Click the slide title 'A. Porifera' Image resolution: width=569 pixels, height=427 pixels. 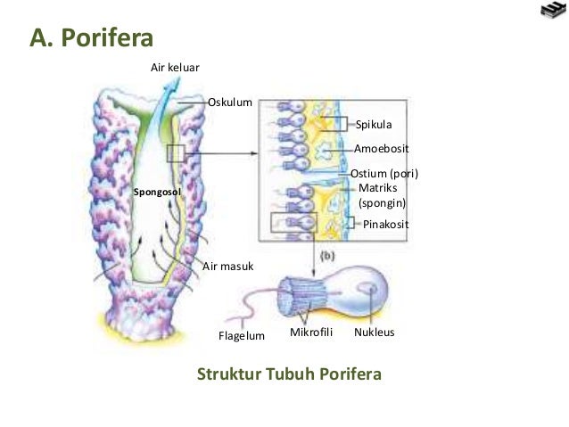pyautogui.click(x=93, y=38)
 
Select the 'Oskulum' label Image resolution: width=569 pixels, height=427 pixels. pyautogui.click(x=230, y=103)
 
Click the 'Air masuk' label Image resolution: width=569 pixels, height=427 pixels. pyautogui.click(x=223, y=266)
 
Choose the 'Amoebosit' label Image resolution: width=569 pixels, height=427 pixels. pyautogui.click(x=382, y=149)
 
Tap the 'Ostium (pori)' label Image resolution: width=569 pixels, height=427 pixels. pyautogui.click(x=384, y=173)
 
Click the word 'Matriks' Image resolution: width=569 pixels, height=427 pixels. pyautogui.click(x=377, y=188)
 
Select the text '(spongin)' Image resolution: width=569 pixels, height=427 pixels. pyautogui.click(x=383, y=203)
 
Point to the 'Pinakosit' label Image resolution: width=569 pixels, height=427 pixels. pyautogui.click(x=386, y=225)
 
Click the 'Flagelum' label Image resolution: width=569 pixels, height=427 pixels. pyautogui.click(x=243, y=336)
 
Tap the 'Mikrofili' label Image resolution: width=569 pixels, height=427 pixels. pyautogui.click(x=312, y=333)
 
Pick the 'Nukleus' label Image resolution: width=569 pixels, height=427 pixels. pyautogui.click(x=375, y=333)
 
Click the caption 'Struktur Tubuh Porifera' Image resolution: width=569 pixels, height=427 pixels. pyautogui.click(x=289, y=373)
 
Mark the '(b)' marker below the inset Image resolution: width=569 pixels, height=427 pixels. pyautogui.click(x=326, y=257)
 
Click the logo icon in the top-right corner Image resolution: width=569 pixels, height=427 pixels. pyautogui.click(x=553, y=12)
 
